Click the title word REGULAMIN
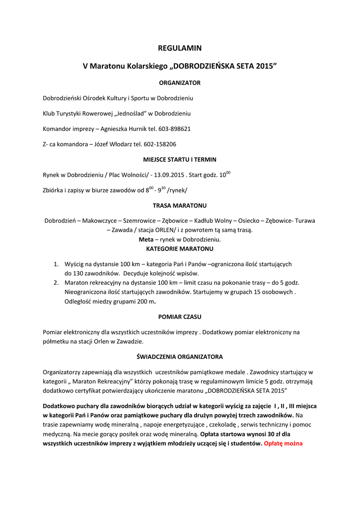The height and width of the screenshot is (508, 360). (179, 48)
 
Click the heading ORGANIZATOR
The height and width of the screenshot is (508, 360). (179, 82)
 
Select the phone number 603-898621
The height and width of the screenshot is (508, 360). (174, 128)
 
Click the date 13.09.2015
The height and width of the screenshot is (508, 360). (170, 175)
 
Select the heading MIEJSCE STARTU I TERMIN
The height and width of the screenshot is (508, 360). (179, 159)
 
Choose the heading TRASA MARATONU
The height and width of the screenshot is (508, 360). (179, 205)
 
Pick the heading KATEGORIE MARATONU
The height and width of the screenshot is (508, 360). (179, 248)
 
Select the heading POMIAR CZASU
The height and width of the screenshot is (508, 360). (179, 316)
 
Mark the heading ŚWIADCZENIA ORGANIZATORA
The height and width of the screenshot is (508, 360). (179, 356)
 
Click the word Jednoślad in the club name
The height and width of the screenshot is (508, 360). (131, 113)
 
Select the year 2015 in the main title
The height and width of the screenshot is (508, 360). (264, 66)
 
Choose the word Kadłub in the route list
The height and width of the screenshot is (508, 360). (203, 220)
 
